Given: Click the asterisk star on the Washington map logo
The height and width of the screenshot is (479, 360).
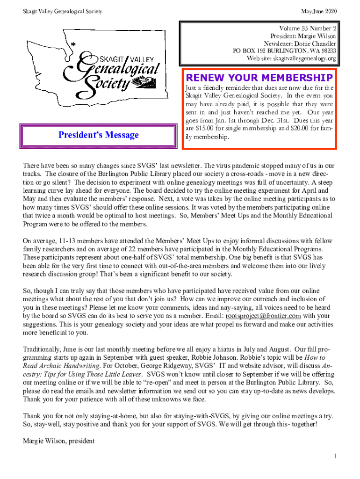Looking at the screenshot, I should coord(73,44).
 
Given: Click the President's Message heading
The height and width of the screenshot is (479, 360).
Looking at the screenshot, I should coord(99,135).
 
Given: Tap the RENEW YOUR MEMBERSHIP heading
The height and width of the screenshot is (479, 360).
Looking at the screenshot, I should coord(259,77).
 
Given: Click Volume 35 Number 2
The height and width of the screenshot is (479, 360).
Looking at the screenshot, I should coord(308,28).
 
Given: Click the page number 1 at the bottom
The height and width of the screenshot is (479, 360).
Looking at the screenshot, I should coord(335,456).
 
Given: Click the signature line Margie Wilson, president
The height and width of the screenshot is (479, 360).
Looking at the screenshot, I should coord(59,441).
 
